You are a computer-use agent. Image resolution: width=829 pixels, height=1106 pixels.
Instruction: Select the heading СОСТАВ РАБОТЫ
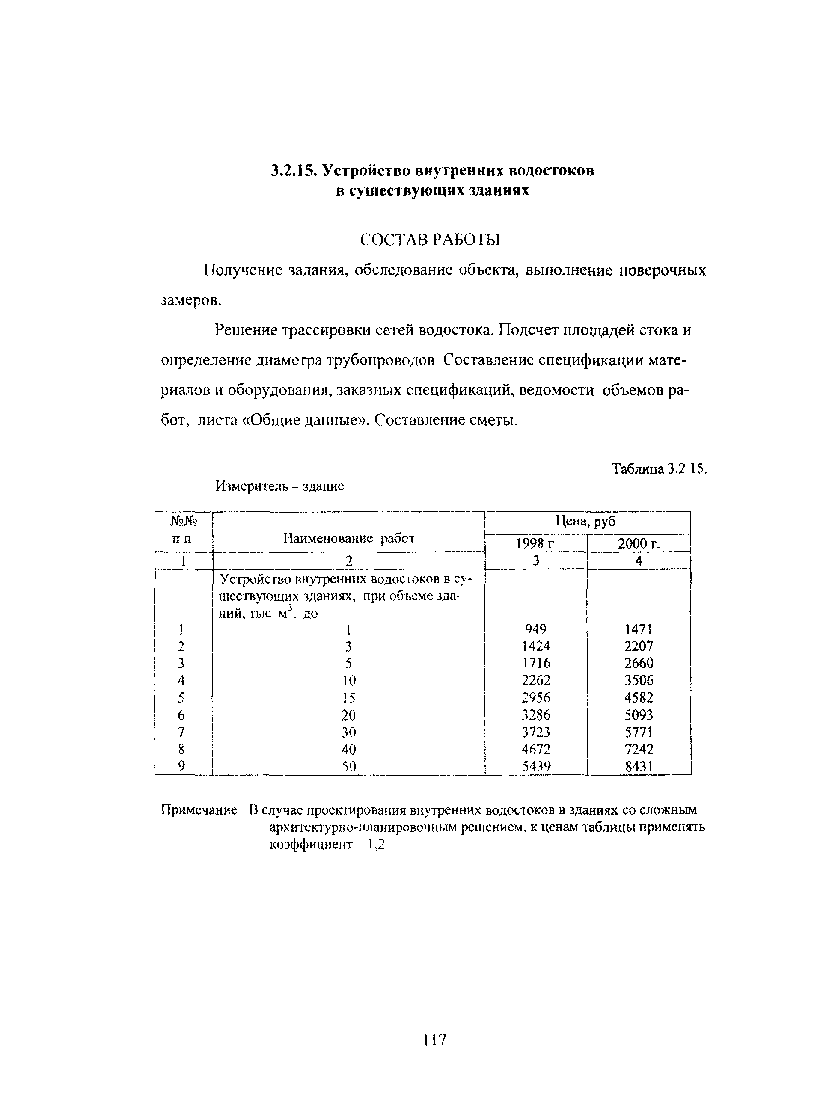[430, 240]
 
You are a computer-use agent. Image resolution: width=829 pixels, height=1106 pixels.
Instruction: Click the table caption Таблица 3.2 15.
[659, 468]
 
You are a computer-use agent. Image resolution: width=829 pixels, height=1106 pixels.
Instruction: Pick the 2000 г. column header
[639, 543]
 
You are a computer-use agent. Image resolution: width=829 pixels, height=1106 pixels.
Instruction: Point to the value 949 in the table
[535, 629]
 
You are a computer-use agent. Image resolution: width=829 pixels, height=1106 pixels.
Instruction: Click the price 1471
[639, 629]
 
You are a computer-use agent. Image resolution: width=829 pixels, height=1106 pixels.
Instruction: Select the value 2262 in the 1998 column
[535, 680]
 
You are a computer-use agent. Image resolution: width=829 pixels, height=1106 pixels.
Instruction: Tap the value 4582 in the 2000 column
[639, 697]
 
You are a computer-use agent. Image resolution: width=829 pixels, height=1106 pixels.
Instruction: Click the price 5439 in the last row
[536, 766]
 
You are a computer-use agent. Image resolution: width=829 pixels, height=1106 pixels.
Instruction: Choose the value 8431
[639, 766]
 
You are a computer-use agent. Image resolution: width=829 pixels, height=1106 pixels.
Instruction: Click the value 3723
[535, 732]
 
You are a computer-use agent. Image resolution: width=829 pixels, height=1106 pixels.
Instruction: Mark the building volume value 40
[348, 749]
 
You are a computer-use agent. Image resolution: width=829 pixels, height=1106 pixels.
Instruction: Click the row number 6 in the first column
[181, 715]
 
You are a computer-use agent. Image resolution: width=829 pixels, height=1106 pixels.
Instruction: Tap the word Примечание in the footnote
[199, 810]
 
